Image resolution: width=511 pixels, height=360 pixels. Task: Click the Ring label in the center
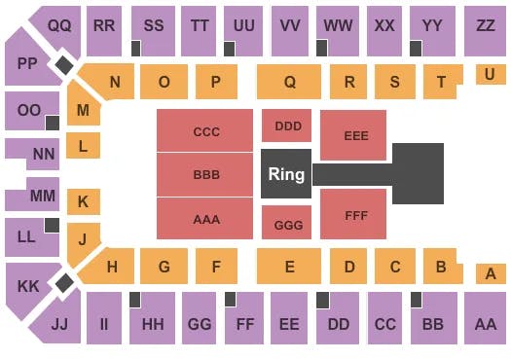click(x=286, y=175)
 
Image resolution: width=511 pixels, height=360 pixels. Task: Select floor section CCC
click(x=206, y=132)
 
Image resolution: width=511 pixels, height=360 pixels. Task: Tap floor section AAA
click(x=206, y=219)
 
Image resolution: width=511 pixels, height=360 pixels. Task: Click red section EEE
click(x=355, y=135)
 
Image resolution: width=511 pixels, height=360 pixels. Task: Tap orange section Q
click(x=289, y=83)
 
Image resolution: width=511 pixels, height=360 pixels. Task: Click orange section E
click(x=288, y=265)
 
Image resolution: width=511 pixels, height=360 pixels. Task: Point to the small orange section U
click(x=490, y=74)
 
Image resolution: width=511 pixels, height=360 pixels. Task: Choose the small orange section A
click(x=490, y=274)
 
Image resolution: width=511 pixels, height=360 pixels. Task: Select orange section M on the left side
click(x=84, y=111)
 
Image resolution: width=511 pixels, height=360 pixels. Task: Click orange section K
click(x=83, y=202)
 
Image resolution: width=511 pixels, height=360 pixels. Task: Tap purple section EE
click(x=289, y=323)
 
